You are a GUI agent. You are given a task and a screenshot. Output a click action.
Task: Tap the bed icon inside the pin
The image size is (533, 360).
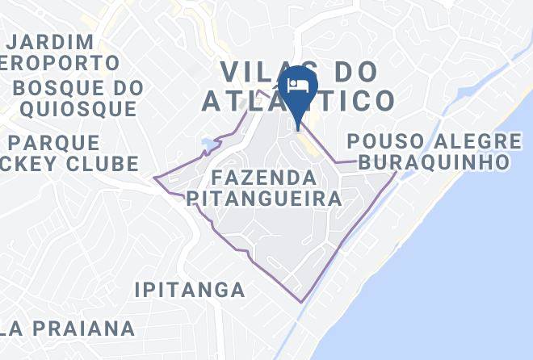pos(299,85)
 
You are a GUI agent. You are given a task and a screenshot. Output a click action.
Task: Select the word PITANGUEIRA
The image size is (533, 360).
pos(263,199)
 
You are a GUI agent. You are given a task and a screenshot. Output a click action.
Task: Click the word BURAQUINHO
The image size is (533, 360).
pos(434,162)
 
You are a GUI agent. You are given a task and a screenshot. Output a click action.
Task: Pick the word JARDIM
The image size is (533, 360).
pos(52,40)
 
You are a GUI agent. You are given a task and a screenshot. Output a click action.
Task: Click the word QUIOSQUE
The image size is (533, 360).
pos(79,109)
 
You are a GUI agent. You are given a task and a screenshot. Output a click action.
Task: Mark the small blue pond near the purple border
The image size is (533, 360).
pos(209,145)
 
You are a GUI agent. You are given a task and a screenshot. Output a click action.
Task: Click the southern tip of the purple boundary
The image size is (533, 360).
pos(302,302)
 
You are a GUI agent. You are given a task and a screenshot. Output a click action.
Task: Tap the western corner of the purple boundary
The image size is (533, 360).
pos(155,178)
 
